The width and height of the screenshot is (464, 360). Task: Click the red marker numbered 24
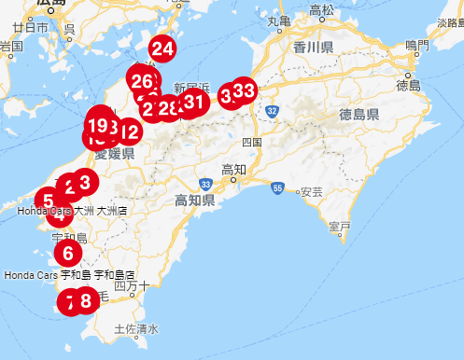tap(162, 48)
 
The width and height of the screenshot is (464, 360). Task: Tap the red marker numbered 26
tap(143, 82)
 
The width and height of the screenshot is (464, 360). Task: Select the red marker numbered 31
tap(193, 102)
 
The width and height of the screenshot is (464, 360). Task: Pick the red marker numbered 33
tap(244, 90)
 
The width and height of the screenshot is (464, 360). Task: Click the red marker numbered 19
tap(97, 124)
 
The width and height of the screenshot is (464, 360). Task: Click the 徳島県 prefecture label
tap(359, 115)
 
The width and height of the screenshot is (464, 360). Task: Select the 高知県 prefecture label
tap(195, 201)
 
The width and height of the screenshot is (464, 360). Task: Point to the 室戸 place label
tap(340, 226)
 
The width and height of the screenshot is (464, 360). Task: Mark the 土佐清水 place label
tap(136, 329)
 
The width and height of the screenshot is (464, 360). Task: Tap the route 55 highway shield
tap(278, 188)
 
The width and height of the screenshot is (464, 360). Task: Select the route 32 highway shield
tap(272, 110)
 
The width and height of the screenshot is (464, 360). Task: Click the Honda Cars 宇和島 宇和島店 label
tap(70, 276)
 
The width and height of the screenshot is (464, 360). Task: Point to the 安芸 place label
tap(310, 191)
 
